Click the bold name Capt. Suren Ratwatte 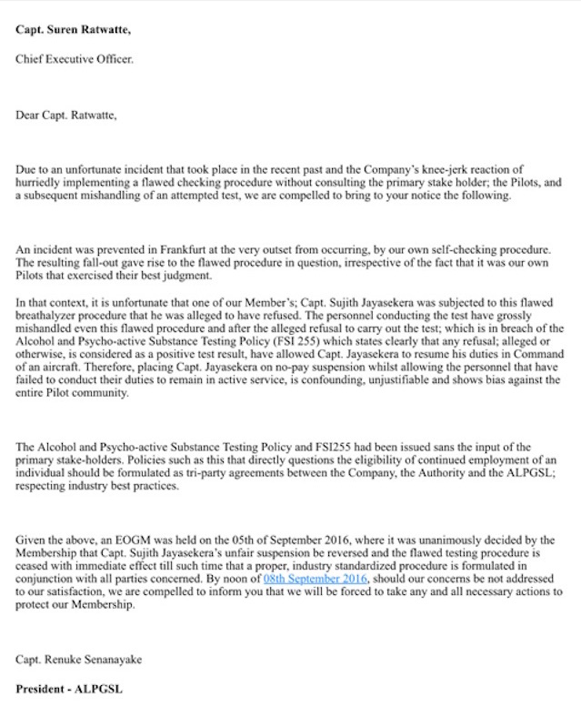pos(73,29)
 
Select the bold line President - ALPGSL pos(68,689)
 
